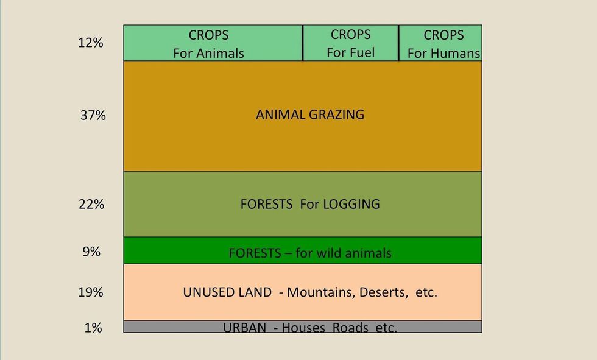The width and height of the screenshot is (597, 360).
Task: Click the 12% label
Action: pyautogui.click(x=91, y=43)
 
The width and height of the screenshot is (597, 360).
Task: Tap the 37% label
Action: pyautogui.click(x=93, y=115)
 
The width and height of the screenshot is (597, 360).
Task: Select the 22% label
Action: pyautogui.click(x=91, y=204)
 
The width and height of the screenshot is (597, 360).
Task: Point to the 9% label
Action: pyautogui.click(x=91, y=252)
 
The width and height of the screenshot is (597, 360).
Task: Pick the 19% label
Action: pyautogui.click(x=91, y=292)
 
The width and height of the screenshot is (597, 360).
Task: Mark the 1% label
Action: pyautogui.click(x=93, y=328)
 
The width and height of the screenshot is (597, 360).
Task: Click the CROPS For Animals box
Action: pyautogui.click(x=213, y=43)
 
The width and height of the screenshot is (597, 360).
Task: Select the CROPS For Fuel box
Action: pyautogui.click(x=351, y=43)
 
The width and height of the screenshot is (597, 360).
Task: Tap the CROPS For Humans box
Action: pyautogui.click(x=440, y=43)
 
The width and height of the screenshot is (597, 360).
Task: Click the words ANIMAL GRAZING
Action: pyautogui.click(x=310, y=115)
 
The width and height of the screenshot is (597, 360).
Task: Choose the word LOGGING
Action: pyautogui.click(x=351, y=204)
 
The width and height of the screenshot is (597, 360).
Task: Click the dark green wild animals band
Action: pyautogui.click(x=303, y=250)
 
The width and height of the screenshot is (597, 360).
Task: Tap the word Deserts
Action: pyautogui.click(x=383, y=292)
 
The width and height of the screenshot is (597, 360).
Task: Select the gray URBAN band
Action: pyautogui.click(x=303, y=326)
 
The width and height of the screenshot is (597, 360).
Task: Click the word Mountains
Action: pyautogui.click(x=321, y=292)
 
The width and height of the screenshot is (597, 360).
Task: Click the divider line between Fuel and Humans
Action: pyautogui.click(x=398, y=43)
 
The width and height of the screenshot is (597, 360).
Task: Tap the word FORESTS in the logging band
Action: pyautogui.click(x=267, y=204)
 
